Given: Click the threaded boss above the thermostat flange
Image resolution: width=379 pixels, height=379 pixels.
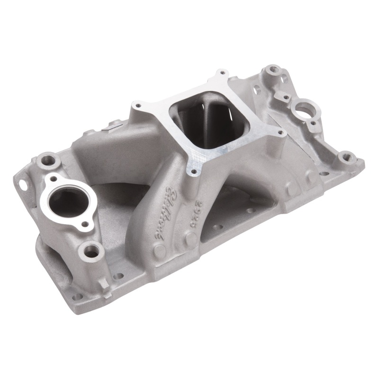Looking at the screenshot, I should tap(47, 160).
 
